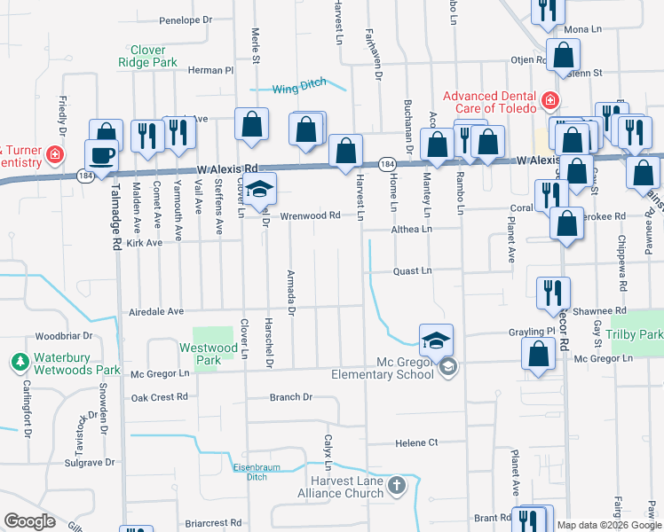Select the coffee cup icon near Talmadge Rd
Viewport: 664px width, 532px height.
[x=101, y=156]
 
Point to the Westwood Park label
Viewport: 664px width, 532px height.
[x=206, y=355]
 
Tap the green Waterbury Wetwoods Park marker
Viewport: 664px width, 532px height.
[x=19, y=362]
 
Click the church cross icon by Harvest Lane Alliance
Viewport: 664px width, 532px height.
[x=396, y=485]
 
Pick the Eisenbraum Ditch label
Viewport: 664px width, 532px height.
[x=244, y=471]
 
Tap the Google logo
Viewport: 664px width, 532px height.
[x=30, y=521]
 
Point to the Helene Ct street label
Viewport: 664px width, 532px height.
[x=416, y=442]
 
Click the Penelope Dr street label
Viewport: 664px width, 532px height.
[x=186, y=20]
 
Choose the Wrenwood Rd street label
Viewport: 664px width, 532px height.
[x=310, y=215]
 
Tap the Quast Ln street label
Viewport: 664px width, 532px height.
[x=412, y=271]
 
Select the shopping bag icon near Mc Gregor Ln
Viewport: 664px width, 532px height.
[x=539, y=353]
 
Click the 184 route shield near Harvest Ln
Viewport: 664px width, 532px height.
[x=387, y=164]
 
